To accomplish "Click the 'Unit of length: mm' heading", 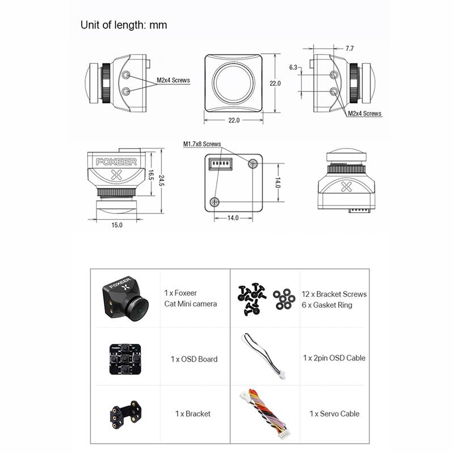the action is point(124,25).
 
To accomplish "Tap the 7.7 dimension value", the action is point(350,48).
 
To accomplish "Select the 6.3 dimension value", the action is point(293,67).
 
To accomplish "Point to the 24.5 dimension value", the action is point(161,180).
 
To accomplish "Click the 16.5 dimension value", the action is point(151,175).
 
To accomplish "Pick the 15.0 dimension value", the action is point(117,225).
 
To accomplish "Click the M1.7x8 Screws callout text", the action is point(202,144).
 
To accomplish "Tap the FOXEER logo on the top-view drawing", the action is point(116,162).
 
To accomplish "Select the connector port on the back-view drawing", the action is point(221,164).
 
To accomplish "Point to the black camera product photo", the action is point(125,299).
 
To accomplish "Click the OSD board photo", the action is point(125,359).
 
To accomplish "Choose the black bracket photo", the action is point(125,415).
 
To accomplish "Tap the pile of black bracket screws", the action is point(251,300).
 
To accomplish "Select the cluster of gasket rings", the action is point(284,299).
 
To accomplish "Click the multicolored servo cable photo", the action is point(265,414).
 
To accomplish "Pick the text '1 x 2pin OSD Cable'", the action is point(334,358).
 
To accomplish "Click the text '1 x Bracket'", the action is point(193,414).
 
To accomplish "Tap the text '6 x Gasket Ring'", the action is point(327,305).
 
